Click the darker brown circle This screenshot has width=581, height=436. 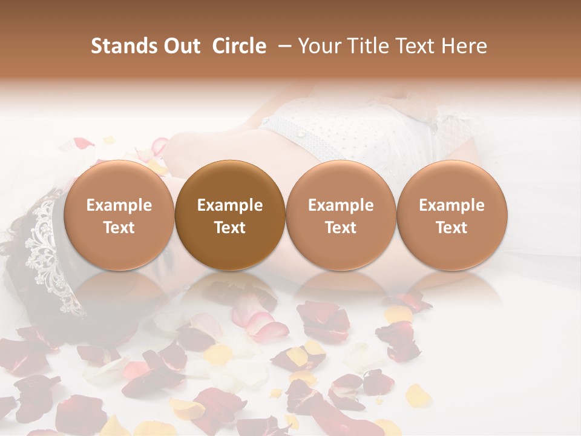click(x=230, y=215)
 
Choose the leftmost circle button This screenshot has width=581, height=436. click(x=119, y=215)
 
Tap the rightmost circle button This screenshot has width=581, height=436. click(x=452, y=215)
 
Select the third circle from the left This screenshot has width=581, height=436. click(x=341, y=215)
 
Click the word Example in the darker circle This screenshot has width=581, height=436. click(x=230, y=205)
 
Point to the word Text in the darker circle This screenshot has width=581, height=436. click(x=230, y=227)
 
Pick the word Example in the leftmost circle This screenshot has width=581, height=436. click(x=119, y=205)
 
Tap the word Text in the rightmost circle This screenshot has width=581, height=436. click(x=452, y=227)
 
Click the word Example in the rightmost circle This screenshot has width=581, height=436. click(x=452, y=205)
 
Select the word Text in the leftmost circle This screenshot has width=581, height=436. click(x=119, y=227)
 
